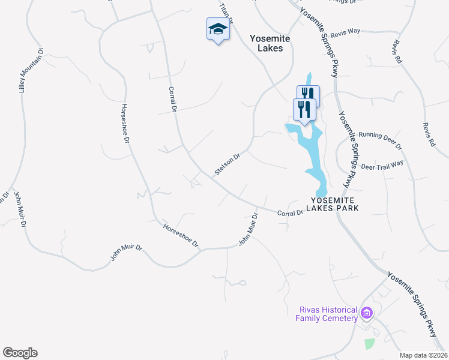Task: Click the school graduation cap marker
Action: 218,29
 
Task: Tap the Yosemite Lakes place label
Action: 270,43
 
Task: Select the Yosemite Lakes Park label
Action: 335,203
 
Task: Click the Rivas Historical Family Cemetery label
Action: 327,314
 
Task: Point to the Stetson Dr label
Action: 228,164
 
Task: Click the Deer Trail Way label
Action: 381,165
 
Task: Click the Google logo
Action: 20,353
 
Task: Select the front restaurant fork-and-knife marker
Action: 304,110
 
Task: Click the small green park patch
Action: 369,343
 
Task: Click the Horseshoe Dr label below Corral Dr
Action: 180,235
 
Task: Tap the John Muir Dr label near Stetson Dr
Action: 249,229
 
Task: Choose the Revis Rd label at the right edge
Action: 428,136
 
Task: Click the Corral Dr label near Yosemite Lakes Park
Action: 291,213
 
